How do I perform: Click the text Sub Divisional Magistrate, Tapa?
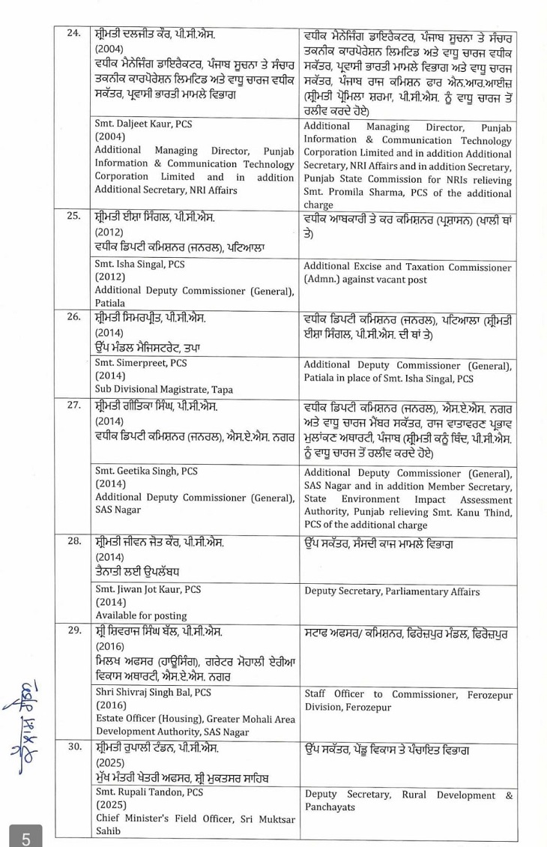pyautogui.click(x=163, y=389)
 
